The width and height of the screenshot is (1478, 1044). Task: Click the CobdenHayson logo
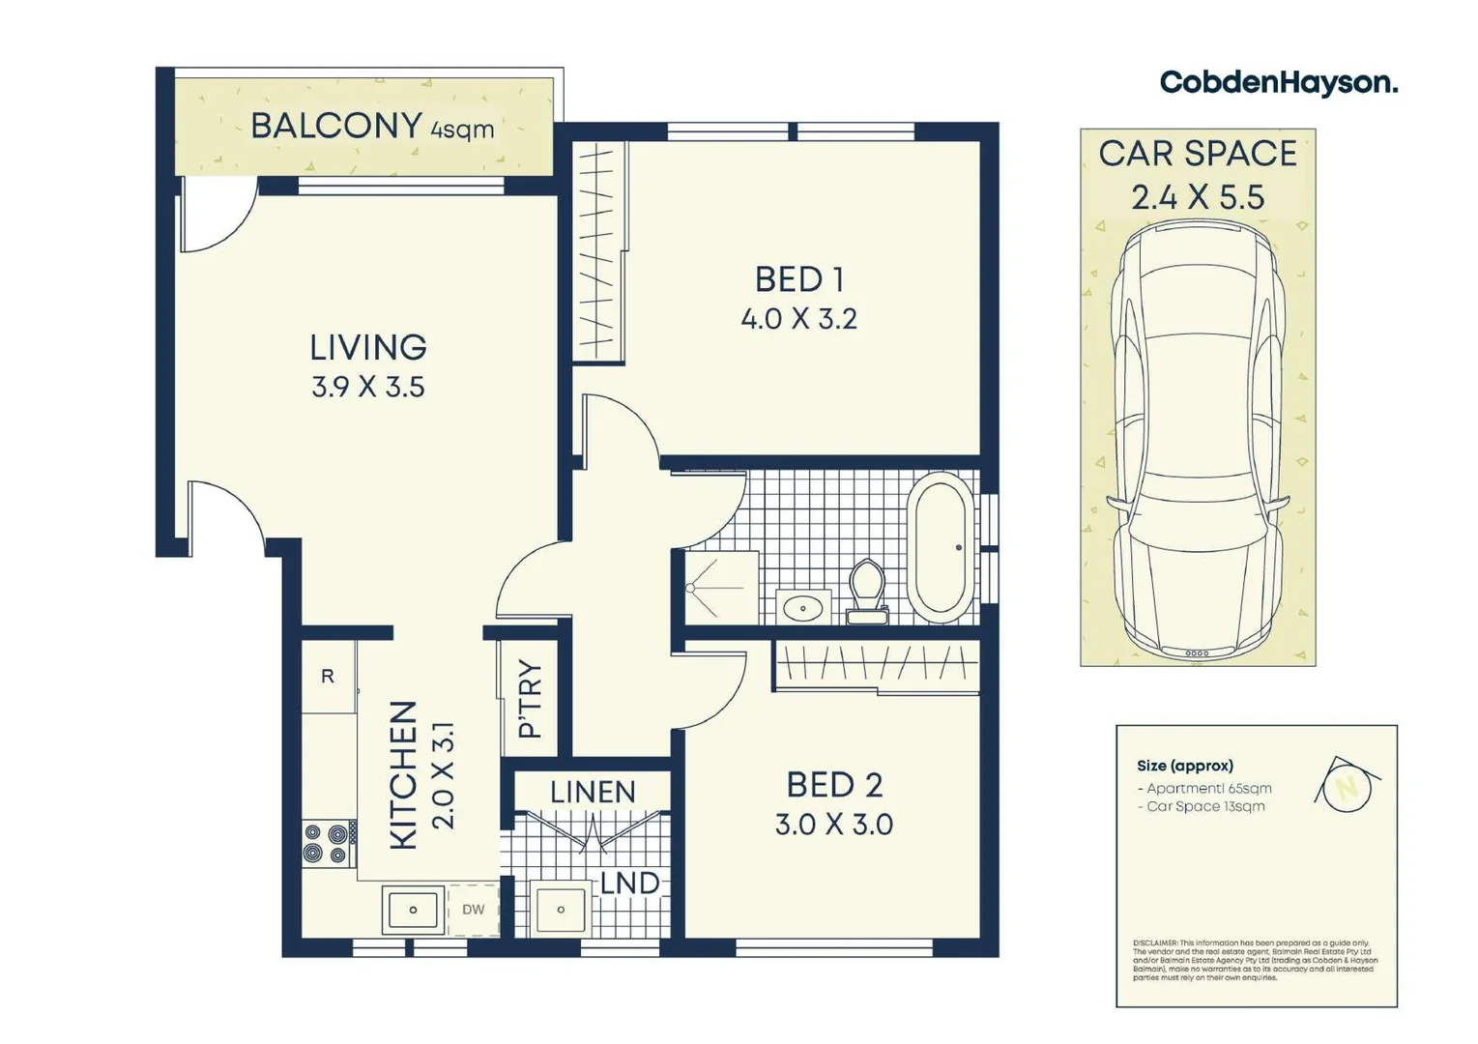(x=1278, y=83)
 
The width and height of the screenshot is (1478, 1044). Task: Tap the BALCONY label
(x=335, y=126)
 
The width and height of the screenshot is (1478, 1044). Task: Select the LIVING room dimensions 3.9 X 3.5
(x=367, y=388)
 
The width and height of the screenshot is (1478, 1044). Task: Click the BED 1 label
(x=799, y=279)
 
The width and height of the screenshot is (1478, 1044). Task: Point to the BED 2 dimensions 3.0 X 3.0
(x=833, y=825)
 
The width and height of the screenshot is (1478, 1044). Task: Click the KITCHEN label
(x=403, y=775)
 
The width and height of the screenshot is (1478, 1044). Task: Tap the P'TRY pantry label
(x=530, y=699)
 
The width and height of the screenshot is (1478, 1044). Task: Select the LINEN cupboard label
(x=593, y=793)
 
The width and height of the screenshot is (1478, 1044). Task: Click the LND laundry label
(x=629, y=884)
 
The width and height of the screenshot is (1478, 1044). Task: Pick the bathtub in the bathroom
(x=942, y=547)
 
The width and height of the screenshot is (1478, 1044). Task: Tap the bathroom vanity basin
(x=802, y=608)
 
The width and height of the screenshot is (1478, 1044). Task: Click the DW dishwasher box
(x=473, y=910)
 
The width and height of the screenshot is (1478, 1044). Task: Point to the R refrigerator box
(x=328, y=677)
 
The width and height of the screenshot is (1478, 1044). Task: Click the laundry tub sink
(x=561, y=910)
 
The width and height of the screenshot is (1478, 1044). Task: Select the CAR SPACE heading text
(x=1198, y=154)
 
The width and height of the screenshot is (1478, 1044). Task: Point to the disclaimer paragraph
(x=1255, y=960)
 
